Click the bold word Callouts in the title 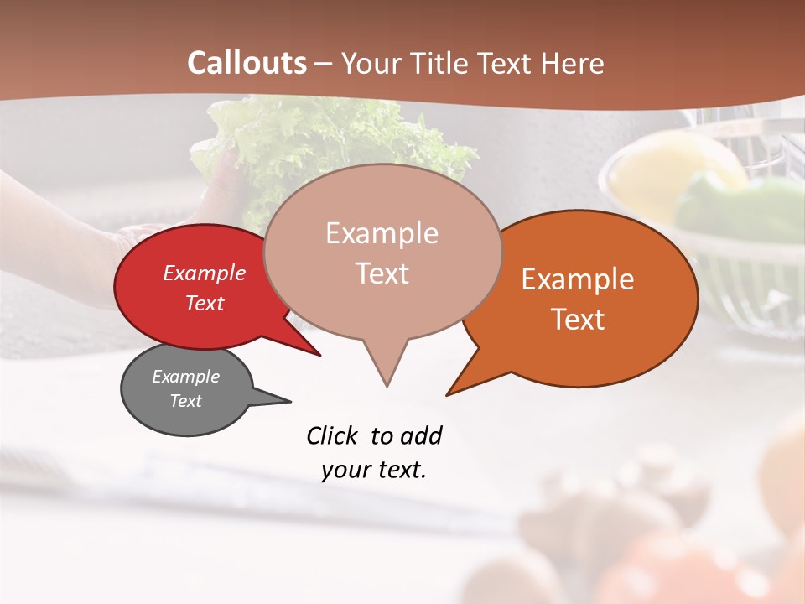(x=247, y=63)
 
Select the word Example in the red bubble (x=204, y=273)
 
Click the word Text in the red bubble (x=204, y=303)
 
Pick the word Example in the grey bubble (x=185, y=377)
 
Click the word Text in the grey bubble (x=185, y=401)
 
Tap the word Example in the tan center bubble (x=382, y=233)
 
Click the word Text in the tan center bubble (x=382, y=273)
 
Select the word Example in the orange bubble (x=578, y=279)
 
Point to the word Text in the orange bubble (x=578, y=319)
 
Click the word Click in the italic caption (x=333, y=435)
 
